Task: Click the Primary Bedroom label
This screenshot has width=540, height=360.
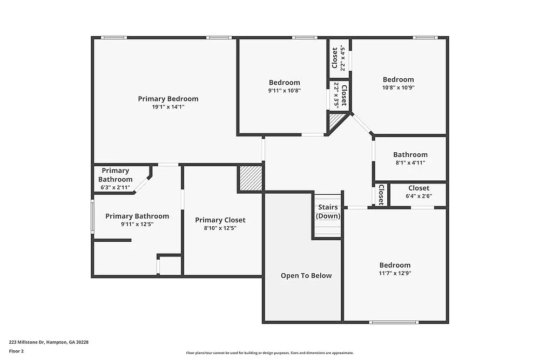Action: point(168,99)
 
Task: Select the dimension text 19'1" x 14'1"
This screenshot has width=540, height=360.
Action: point(168,107)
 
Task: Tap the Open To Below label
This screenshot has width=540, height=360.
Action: point(306,276)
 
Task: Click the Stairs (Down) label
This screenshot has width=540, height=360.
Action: point(328,212)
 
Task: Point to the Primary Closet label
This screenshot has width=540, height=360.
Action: point(220,220)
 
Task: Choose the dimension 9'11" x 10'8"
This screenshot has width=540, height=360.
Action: point(284,91)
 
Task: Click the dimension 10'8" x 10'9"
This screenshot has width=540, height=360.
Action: point(399,87)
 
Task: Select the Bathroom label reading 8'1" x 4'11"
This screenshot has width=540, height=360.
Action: point(410,155)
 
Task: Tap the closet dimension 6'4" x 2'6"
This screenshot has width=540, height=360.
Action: point(418,196)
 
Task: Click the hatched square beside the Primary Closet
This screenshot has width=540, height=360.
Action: point(251,178)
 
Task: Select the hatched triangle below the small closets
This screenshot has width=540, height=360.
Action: point(335,121)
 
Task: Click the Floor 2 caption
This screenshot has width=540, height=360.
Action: point(16,351)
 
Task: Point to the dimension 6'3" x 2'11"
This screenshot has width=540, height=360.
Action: point(115,187)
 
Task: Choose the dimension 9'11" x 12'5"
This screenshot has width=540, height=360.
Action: point(137,224)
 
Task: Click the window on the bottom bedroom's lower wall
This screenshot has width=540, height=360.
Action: point(394,322)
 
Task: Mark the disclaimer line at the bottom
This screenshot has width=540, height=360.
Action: point(270,352)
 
